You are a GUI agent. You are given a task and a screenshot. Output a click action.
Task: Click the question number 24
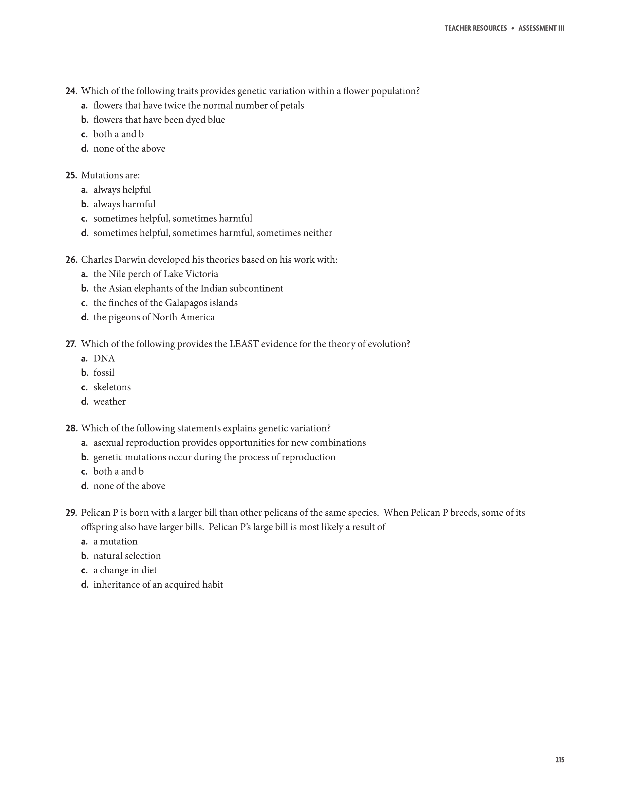pos(71,91)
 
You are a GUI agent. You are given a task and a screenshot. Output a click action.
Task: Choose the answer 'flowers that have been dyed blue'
pos(159,120)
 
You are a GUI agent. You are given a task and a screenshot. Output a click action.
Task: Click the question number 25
pos(71,175)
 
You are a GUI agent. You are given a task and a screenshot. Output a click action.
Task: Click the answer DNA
pos(104,359)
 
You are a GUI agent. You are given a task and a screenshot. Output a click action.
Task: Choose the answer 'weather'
pos(109,402)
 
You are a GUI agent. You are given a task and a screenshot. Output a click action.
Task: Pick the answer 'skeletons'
pos(112,387)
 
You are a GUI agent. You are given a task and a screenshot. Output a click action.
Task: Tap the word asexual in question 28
pos(108,443)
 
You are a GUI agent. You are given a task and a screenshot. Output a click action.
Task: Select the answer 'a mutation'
pos(115,542)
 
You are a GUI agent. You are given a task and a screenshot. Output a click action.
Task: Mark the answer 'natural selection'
pos(127,556)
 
